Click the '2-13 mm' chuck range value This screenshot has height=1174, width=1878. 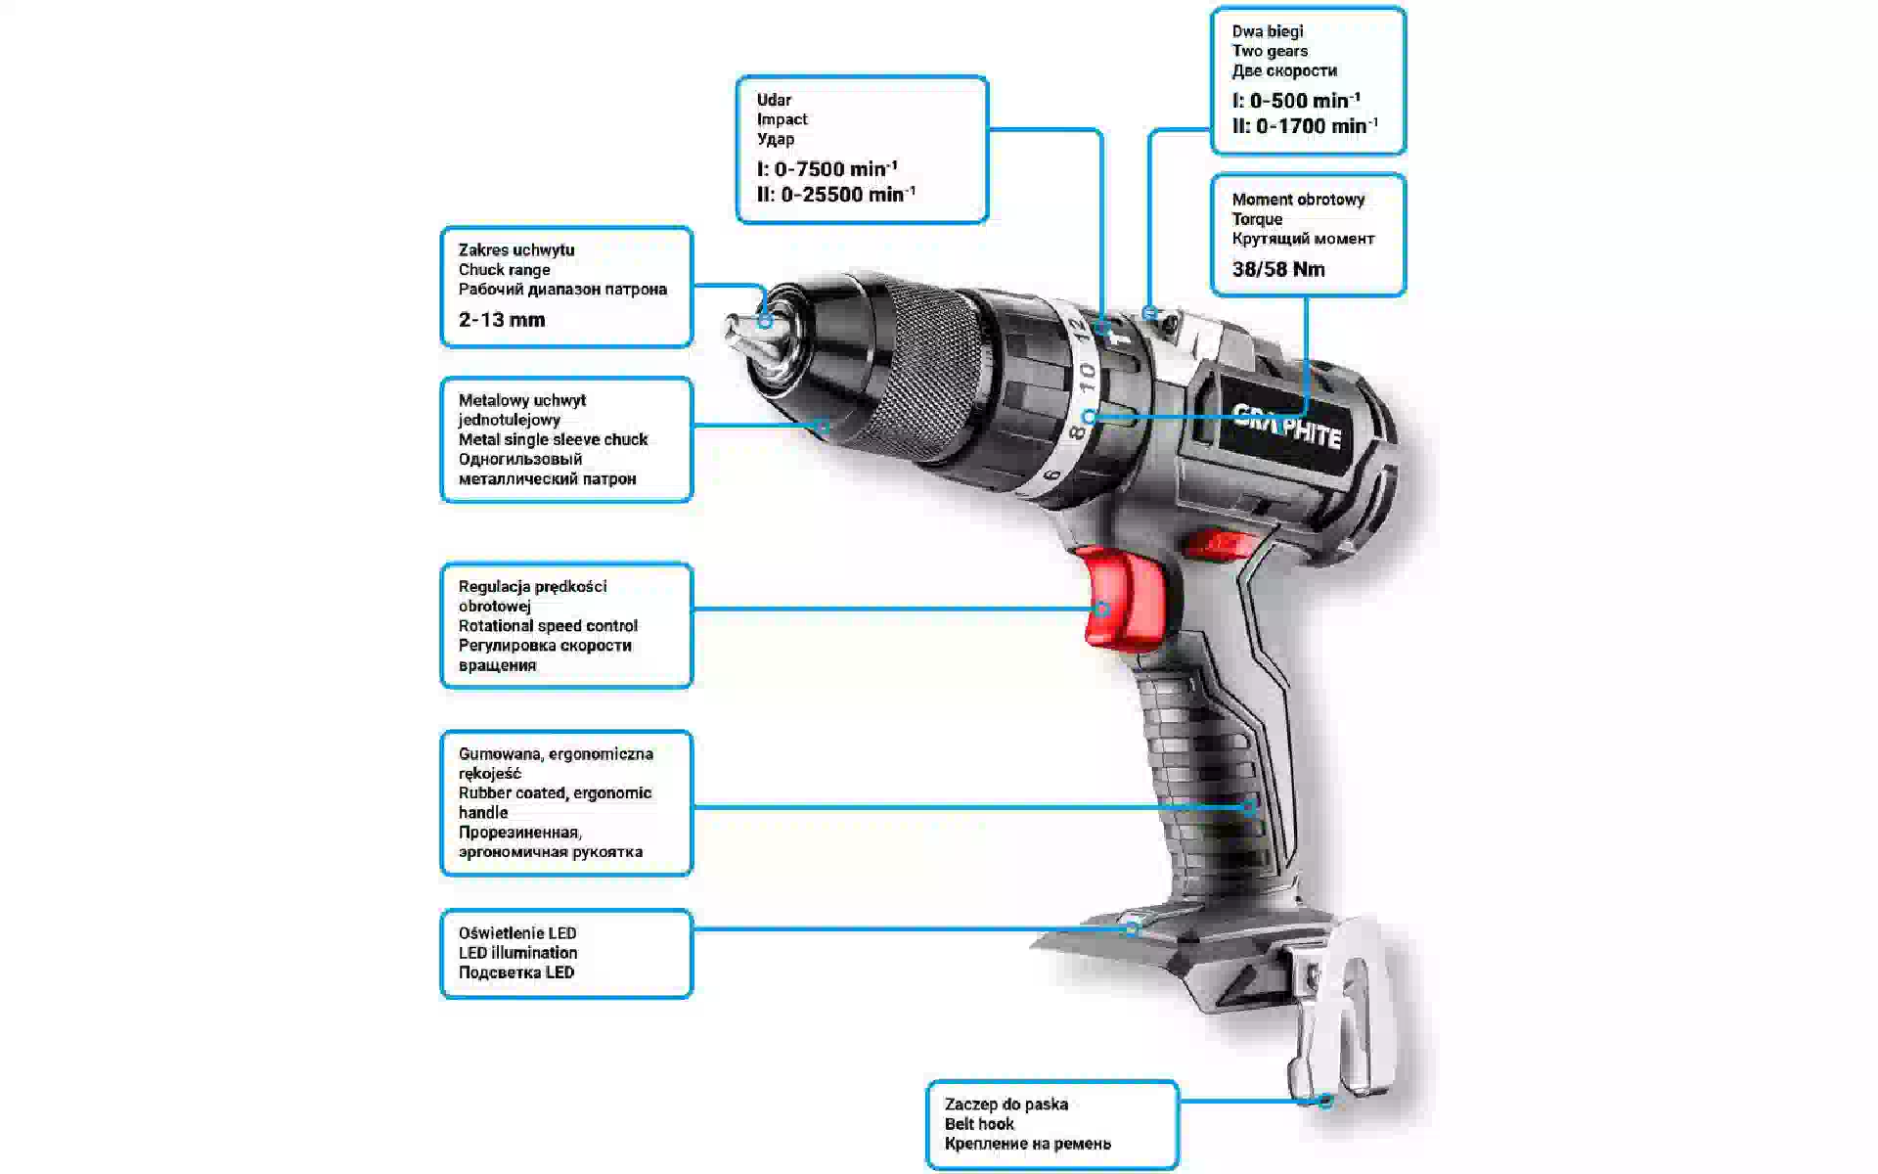coord(502,320)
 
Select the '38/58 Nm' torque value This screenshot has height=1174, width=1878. coord(1278,269)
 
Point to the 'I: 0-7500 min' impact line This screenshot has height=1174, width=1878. coord(827,168)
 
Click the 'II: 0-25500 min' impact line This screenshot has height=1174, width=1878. coord(836,194)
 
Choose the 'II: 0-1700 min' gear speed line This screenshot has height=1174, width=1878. coord(1306,125)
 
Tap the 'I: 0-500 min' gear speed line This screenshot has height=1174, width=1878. coord(1296,100)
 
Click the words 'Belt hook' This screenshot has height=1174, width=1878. coord(979,1124)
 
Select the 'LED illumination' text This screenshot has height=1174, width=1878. coord(518,953)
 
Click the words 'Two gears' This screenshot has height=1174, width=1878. coord(1270,51)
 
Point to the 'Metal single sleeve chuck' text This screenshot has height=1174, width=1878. coord(553,440)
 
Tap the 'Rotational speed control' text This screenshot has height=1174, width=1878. coord(548,626)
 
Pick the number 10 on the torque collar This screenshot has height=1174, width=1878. coord(1086,378)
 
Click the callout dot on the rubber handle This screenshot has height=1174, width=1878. coord(1249,807)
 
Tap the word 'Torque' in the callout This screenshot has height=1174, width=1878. coord(1257,219)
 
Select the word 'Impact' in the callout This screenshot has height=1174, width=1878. coord(782,119)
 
